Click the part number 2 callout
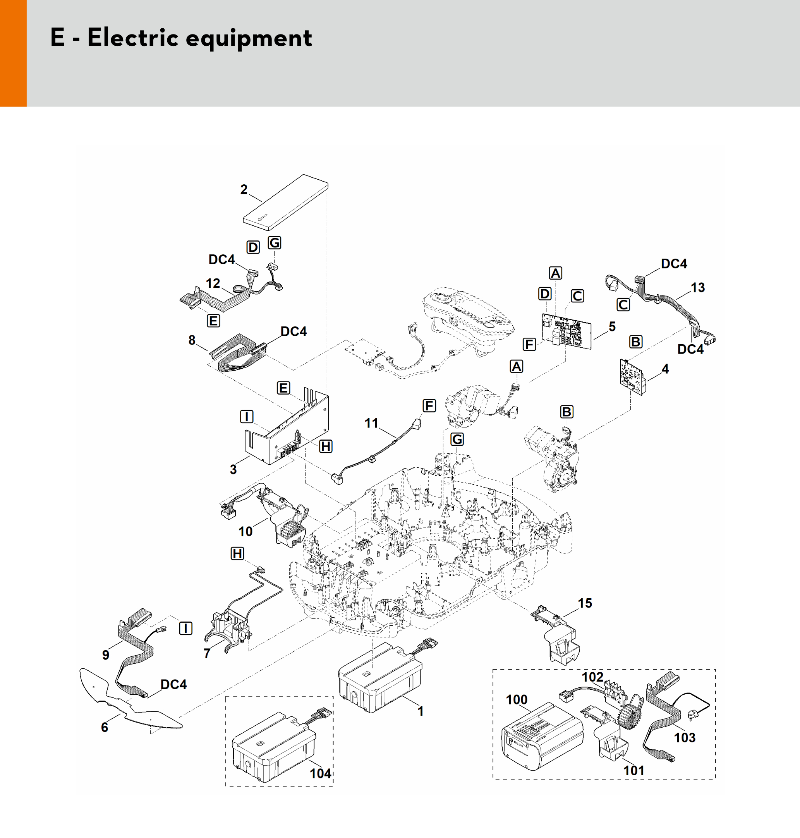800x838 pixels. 244,189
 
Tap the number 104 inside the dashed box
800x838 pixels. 320,774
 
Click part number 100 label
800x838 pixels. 517,700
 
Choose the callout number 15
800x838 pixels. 585,603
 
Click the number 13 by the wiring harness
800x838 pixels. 698,287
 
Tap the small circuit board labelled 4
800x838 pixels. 631,377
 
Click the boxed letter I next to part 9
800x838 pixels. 185,628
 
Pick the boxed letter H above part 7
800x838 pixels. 237,553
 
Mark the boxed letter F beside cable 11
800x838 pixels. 429,405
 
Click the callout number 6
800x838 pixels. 105,727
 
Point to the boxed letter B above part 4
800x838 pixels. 635,342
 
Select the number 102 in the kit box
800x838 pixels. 592,677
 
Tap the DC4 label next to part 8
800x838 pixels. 294,331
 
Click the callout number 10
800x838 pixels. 245,531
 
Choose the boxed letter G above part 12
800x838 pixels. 274,243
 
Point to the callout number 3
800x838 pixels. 233,470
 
